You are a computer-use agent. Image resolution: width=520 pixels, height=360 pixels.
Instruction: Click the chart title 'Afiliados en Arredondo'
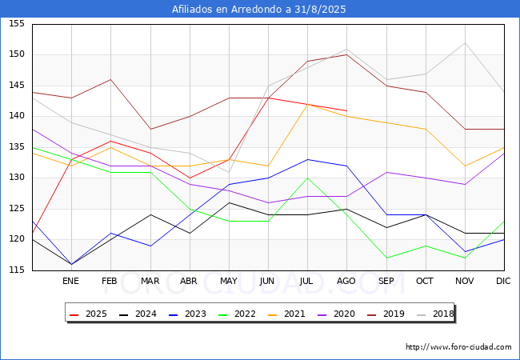point(259,10)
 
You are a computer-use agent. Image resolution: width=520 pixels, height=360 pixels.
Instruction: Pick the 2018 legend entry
point(435,314)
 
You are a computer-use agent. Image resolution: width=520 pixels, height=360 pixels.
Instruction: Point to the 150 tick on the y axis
point(16,54)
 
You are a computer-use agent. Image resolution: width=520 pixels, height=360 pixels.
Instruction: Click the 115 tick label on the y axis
point(16,270)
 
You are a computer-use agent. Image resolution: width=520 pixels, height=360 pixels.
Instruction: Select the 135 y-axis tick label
point(16,147)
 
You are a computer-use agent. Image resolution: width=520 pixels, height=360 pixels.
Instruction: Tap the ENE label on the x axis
point(71,282)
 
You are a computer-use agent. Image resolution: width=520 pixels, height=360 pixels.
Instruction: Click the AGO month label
point(346,282)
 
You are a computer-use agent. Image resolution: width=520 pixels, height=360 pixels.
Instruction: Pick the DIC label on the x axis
point(504,282)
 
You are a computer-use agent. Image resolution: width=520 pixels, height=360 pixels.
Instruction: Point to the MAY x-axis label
point(229,282)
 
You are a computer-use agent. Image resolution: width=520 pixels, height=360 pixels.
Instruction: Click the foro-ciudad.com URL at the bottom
point(458,347)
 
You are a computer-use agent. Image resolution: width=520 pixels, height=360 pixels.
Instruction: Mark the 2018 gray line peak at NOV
point(465,42)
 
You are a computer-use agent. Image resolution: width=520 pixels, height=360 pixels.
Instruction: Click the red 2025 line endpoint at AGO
point(346,110)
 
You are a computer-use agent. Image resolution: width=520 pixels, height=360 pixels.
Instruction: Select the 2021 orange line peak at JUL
point(307,104)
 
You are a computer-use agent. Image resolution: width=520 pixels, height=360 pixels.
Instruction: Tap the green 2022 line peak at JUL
point(307,178)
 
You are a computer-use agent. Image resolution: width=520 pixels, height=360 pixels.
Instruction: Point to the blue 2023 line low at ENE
point(71,264)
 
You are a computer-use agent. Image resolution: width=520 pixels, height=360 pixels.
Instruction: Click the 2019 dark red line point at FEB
point(110,79)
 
